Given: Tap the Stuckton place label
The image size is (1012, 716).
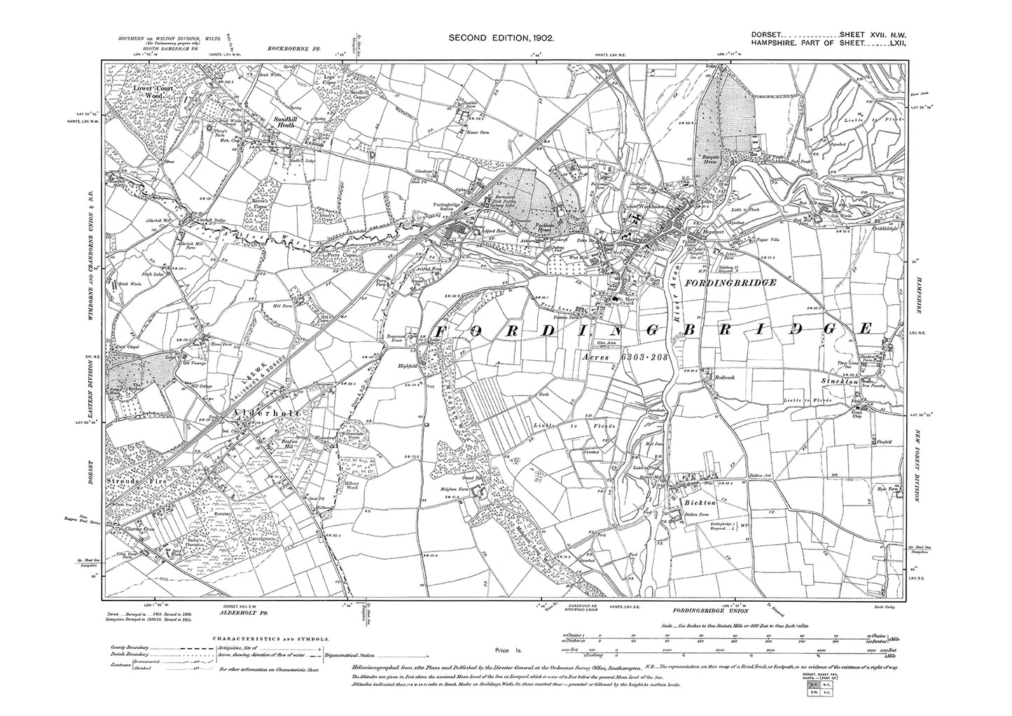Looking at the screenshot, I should [840, 383].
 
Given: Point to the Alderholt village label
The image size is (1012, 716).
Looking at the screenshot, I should [261, 414].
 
